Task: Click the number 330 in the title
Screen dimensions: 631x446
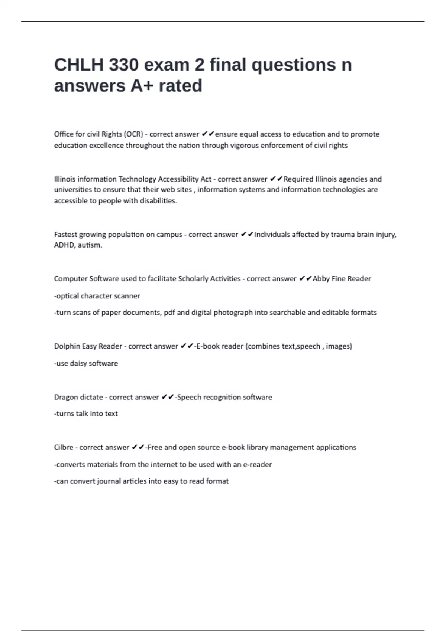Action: (123, 65)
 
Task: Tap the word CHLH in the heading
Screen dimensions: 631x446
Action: (78, 65)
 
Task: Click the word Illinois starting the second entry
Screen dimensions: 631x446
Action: (65, 179)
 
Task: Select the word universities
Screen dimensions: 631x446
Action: (73, 190)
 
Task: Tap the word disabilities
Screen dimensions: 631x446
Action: (158, 201)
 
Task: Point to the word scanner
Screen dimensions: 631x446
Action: (128, 296)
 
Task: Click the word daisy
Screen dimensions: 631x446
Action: (78, 363)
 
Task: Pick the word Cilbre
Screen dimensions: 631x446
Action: (64, 447)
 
